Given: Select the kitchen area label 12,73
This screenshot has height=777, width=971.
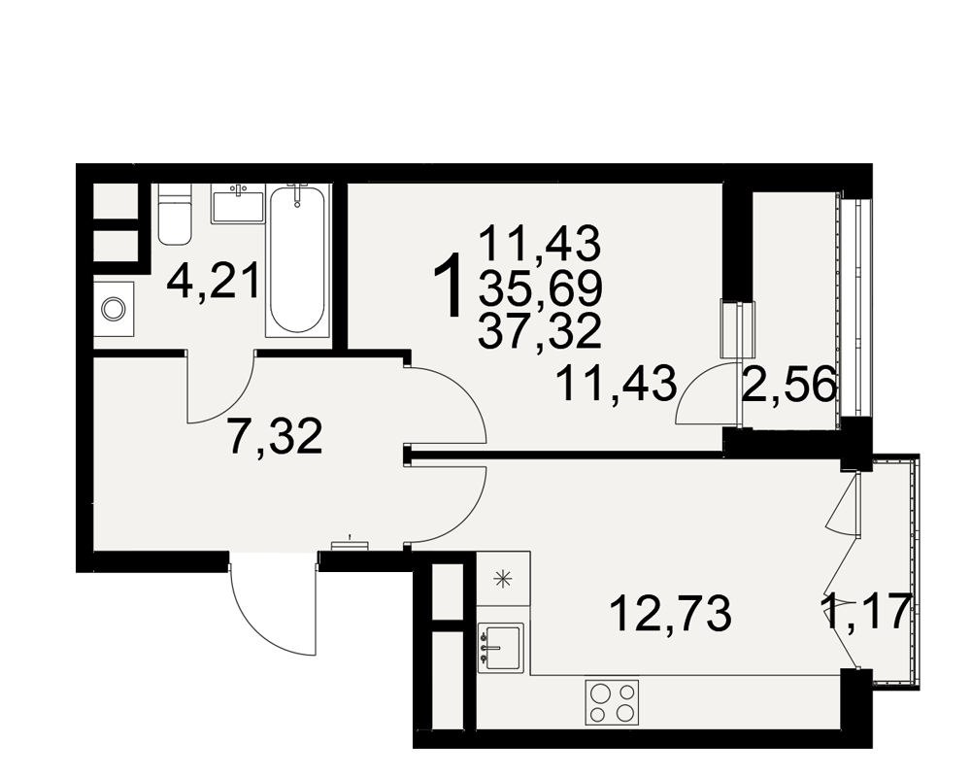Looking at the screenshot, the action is point(671,613).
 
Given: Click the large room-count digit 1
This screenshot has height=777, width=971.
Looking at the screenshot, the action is point(449,286).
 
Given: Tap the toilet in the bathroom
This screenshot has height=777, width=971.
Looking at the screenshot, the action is point(174,215).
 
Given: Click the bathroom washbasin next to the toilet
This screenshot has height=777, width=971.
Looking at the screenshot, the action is point(238,204).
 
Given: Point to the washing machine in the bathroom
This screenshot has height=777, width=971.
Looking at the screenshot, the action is point(114,309).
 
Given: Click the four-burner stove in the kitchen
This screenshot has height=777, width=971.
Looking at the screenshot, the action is point(612,702).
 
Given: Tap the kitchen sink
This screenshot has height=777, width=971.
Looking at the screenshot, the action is point(501,647).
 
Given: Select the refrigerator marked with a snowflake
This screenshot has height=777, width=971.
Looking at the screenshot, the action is point(503,579).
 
